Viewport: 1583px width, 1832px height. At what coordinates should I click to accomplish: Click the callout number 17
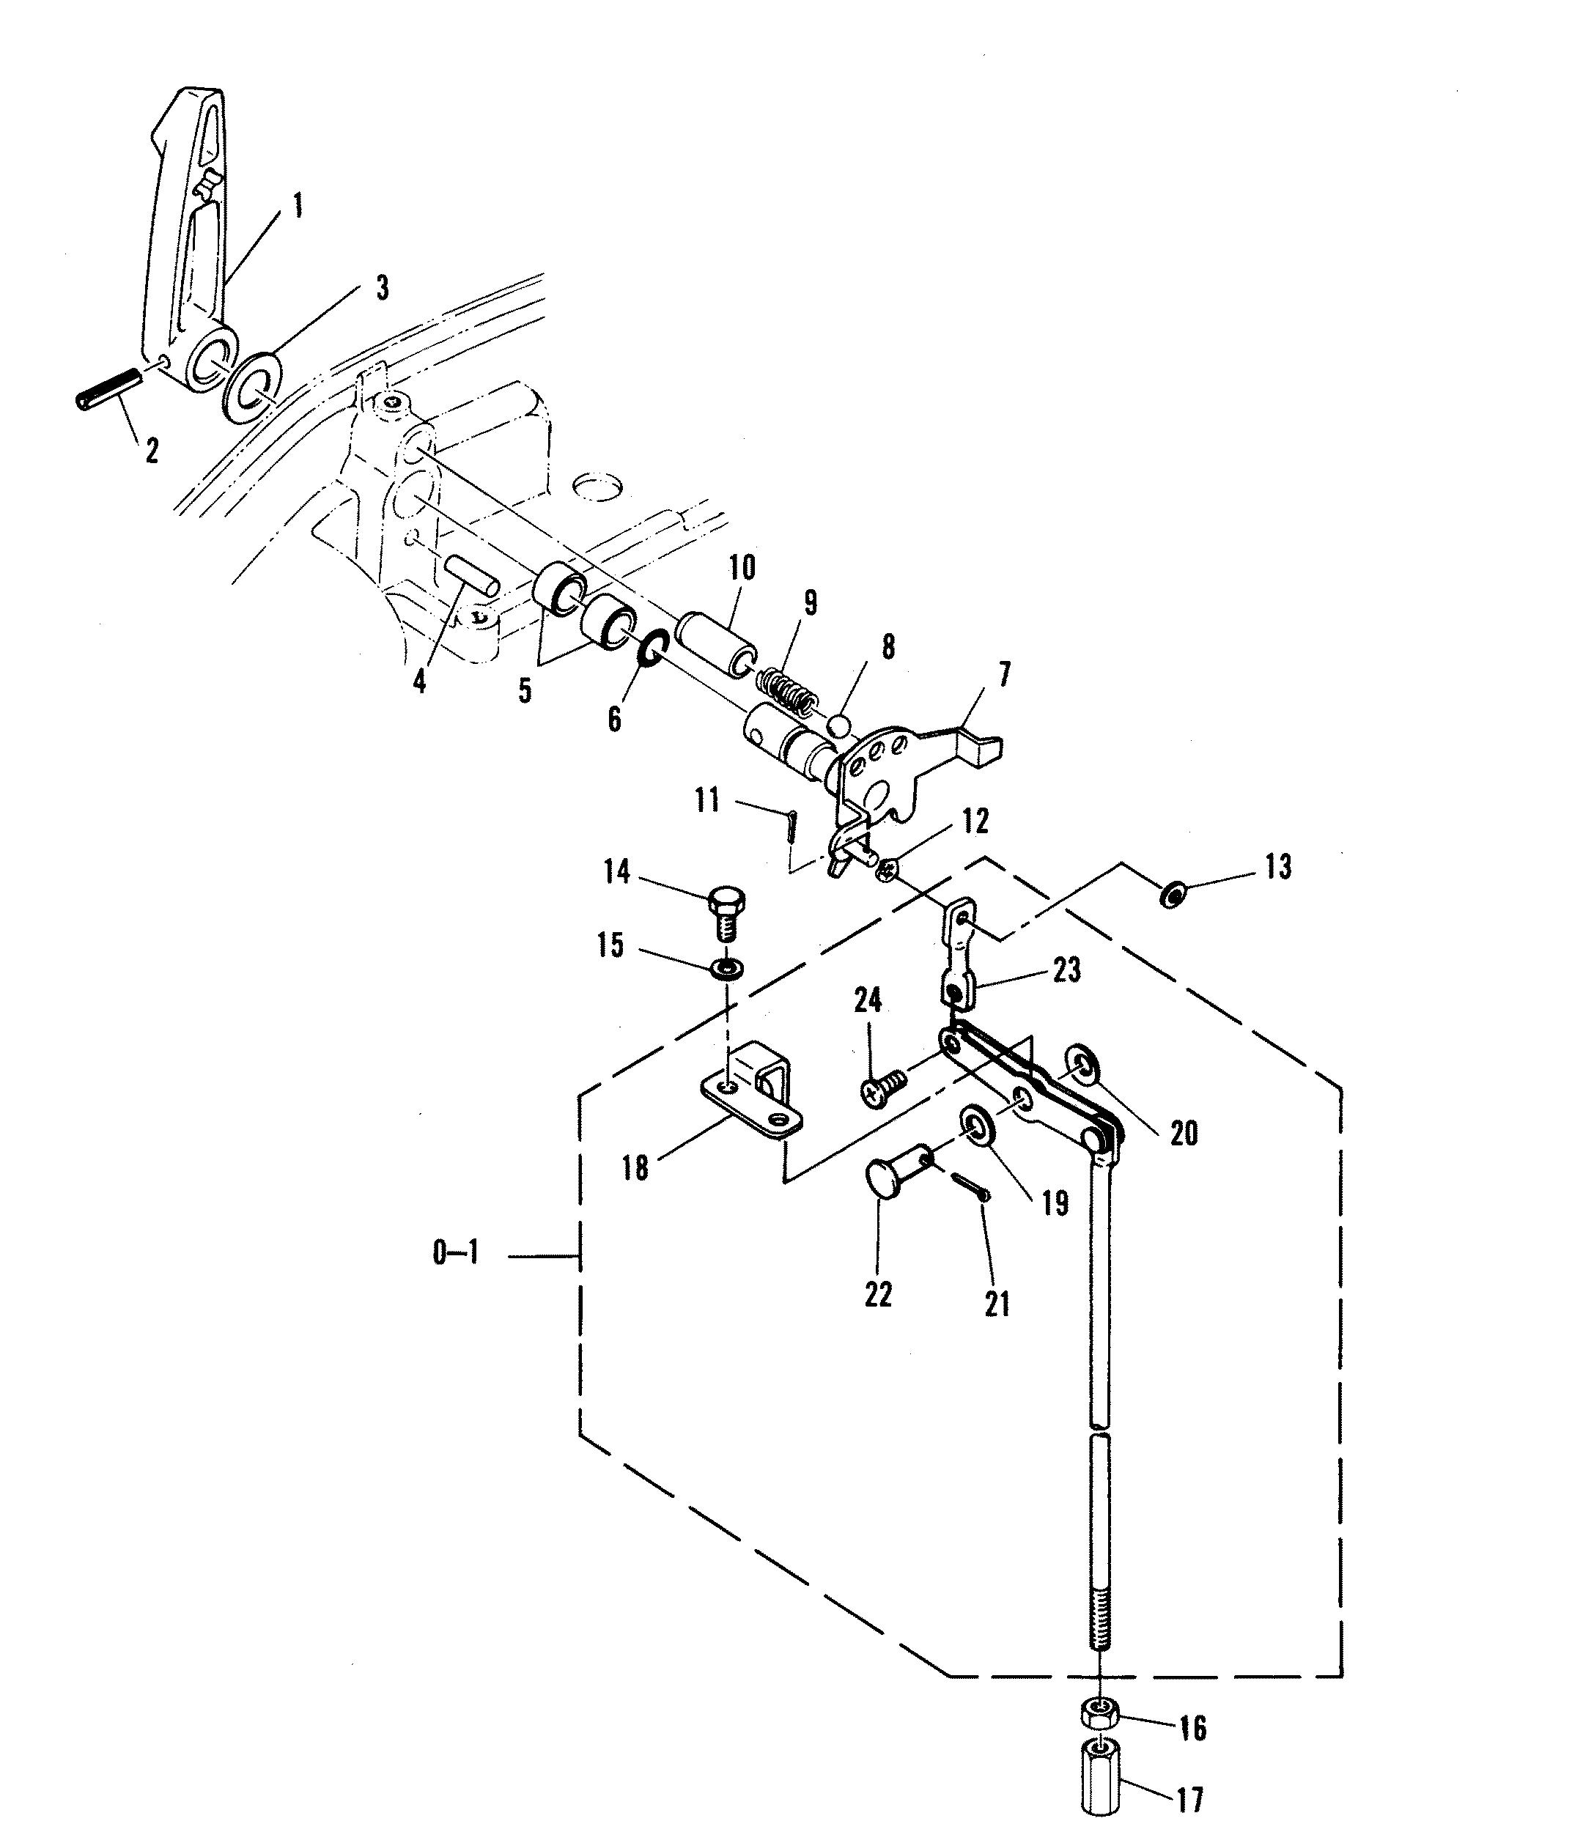click(1190, 1799)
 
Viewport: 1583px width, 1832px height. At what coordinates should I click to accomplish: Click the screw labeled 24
click(881, 1089)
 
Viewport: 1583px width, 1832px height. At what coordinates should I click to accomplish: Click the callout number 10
click(741, 569)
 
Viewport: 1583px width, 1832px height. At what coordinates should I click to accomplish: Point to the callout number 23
click(1066, 971)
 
